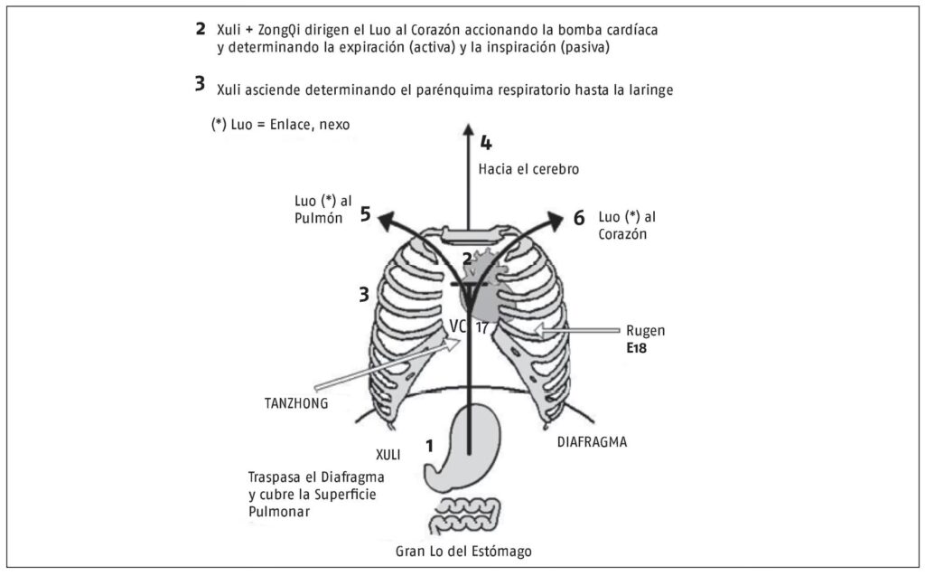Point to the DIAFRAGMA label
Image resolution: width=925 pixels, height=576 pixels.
pos(584,443)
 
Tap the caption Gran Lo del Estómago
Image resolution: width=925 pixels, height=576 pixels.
pos(470,550)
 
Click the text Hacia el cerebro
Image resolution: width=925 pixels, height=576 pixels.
pos(528,169)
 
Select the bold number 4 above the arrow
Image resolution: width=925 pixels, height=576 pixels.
pos(486,143)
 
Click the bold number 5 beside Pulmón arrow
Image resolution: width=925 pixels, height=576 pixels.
pos(365,214)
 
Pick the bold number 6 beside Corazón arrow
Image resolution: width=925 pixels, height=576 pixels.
pos(579,218)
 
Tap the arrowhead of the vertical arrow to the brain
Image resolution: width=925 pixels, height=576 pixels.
pos(468,128)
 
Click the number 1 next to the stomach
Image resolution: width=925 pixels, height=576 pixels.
pos(429,445)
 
